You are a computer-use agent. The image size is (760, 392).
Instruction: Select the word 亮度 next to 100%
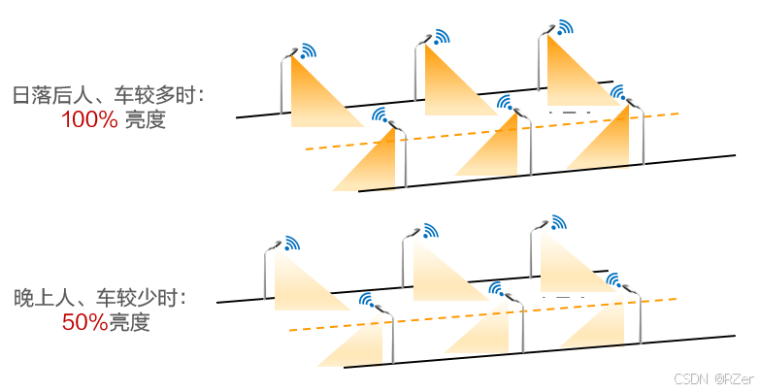[146, 121]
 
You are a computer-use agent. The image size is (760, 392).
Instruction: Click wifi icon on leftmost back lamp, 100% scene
[308, 50]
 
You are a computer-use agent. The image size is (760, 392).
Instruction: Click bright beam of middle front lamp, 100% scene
[505, 150]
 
